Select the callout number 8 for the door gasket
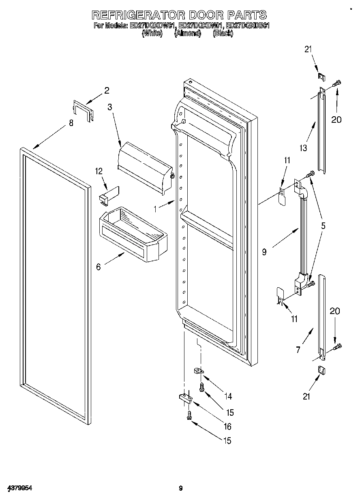(x=71, y=123)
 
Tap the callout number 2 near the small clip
(x=107, y=90)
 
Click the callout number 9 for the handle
(x=264, y=252)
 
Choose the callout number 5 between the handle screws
(x=323, y=226)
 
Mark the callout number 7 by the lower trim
(x=298, y=350)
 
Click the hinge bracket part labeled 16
(x=186, y=399)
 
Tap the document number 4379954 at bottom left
(x=19, y=488)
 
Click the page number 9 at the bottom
(x=181, y=489)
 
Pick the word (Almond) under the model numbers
(x=187, y=34)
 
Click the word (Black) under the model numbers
(x=223, y=34)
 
